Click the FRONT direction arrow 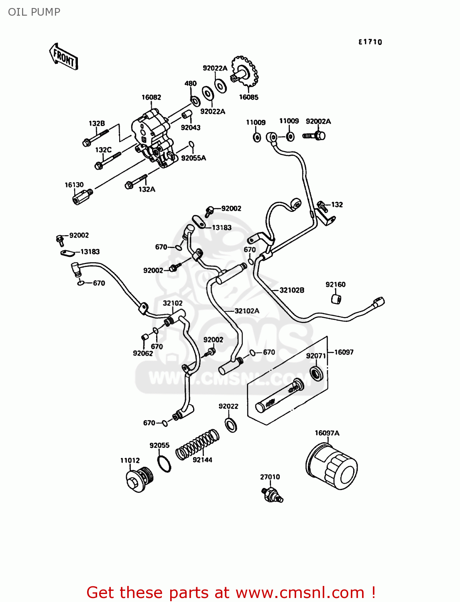64,57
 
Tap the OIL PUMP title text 34,12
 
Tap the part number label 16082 151,97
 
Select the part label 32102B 292,290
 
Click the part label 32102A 247,311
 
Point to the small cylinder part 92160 336,299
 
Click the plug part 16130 82,197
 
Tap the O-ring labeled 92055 163,464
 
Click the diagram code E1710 370,42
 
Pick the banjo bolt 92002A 314,136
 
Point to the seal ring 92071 317,373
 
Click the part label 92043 191,128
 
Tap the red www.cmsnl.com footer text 231,592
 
